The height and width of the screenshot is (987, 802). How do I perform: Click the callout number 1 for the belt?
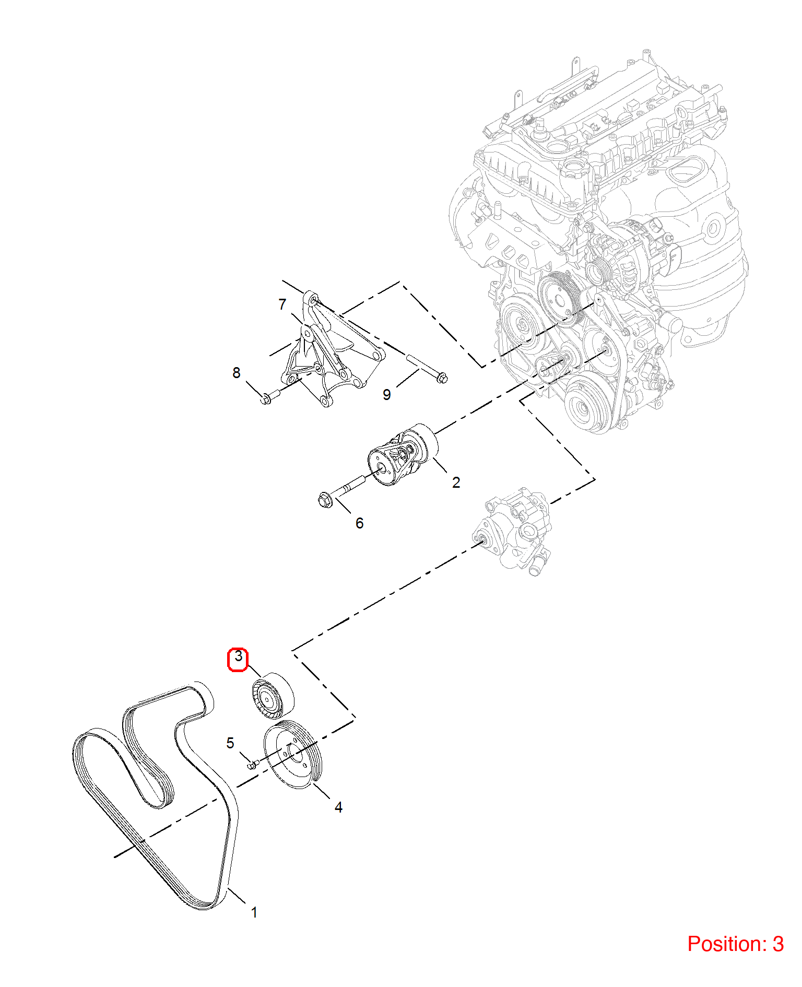point(254,912)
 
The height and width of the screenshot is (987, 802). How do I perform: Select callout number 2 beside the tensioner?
point(456,483)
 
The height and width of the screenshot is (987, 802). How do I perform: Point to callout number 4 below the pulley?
point(338,807)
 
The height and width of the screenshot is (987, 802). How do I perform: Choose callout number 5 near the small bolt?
point(230,743)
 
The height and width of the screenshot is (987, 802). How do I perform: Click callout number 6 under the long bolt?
point(359,523)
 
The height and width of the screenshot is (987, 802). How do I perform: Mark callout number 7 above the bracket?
point(282,304)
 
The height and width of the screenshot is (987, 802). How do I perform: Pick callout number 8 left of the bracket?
point(237,372)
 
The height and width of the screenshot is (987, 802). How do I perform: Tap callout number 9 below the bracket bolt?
point(386,394)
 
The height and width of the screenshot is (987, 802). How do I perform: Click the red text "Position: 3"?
point(735,944)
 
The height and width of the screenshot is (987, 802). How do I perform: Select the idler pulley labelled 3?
point(273,696)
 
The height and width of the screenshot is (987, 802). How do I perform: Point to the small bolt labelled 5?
point(252,765)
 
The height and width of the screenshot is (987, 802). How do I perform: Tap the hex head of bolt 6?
point(325,500)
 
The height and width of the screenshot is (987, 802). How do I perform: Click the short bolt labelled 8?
point(269,397)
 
